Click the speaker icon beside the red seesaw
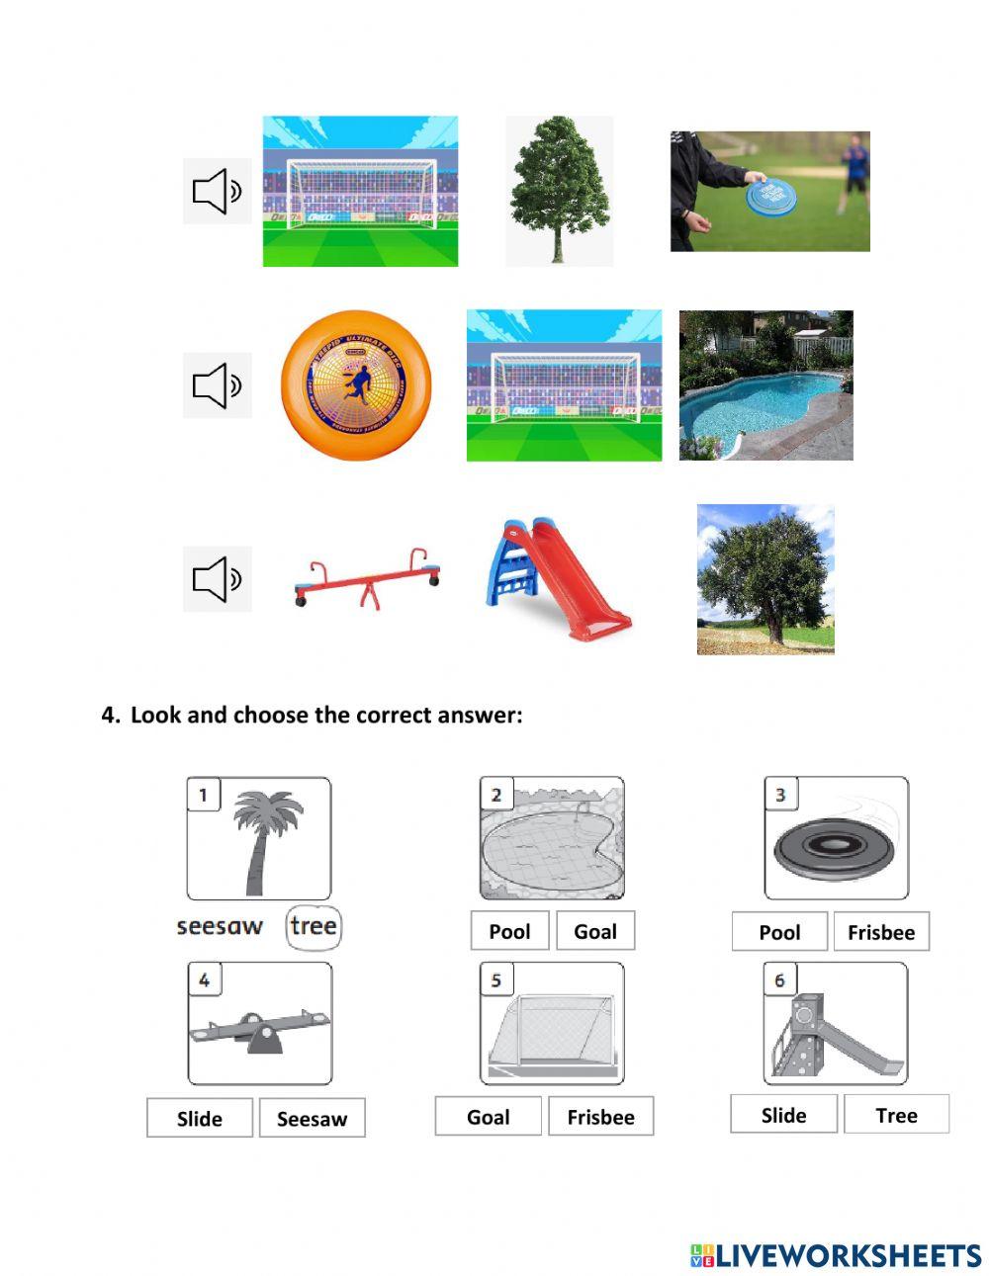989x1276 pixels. tap(217, 579)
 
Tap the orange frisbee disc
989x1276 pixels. tap(343, 385)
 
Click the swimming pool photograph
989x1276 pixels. tap(765, 385)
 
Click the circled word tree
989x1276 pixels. tap(314, 927)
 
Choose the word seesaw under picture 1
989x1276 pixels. tap(220, 927)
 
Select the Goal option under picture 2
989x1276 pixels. tap(594, 931)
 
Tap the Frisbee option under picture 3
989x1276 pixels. tap(880, 932)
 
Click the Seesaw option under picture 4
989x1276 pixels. tap(312, 1119)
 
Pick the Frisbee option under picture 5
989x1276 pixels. tap(600, 1117)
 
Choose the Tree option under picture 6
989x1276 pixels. tap(896, 1115)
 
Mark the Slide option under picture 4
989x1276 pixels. tap(200, 1119)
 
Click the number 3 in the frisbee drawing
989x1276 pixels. tap(780, 794)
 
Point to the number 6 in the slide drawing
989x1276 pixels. tap(779, 979)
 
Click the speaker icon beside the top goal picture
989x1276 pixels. tap(217, 191)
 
